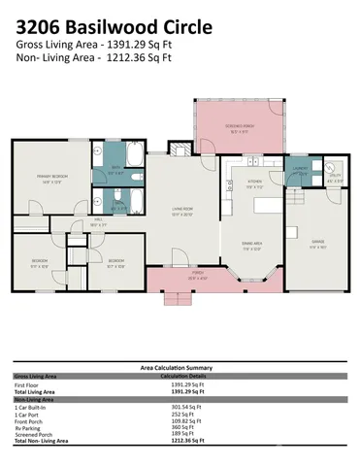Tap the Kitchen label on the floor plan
point(254,182)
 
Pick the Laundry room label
point(300,171)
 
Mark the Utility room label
point(334,178)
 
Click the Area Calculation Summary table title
point(180,369)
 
